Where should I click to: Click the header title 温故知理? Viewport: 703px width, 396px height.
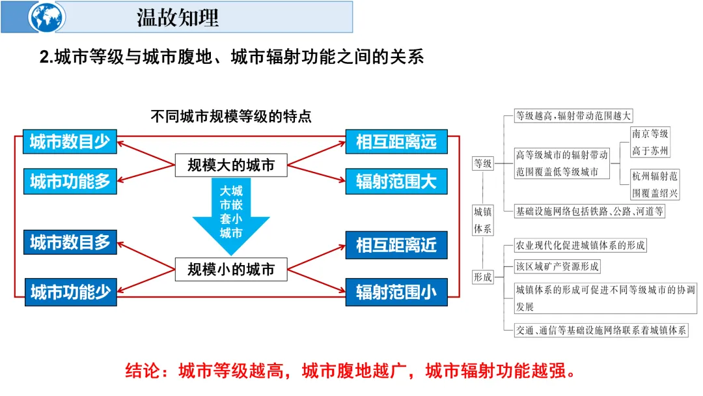click(177, 17)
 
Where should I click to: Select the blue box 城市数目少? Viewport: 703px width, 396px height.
click(70, 142)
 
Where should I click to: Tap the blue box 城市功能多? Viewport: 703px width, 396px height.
click(70, 181)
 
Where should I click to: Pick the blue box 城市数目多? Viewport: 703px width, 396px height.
click(70, 242)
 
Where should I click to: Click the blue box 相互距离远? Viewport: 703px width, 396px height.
click(396, 142)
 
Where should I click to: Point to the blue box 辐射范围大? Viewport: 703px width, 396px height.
click(396, 181)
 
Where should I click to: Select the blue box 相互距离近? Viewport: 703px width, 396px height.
click(396, 245)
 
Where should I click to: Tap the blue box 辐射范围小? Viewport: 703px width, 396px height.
click(396, 292)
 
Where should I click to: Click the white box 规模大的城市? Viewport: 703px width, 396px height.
click(231, 165)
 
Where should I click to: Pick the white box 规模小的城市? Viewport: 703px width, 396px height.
click(231, 268)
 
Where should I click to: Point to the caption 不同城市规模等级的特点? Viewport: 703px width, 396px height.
click(231, 117)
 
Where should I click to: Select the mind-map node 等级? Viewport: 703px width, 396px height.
click(483, 163)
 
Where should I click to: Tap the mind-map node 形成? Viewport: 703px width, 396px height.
click(483, 276)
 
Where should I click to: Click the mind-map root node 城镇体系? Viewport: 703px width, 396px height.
click(483, 219)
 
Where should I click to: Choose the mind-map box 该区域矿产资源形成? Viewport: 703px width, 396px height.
click(557, 266)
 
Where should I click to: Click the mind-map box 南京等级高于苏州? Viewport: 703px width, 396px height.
click(650, 143)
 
